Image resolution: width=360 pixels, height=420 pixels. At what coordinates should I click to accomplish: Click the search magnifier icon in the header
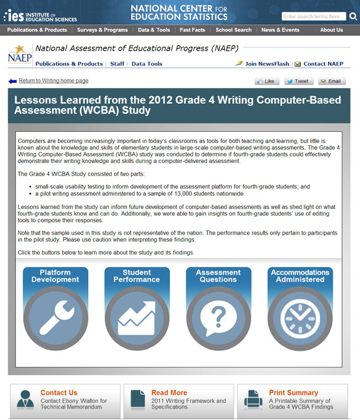tap(353, 17)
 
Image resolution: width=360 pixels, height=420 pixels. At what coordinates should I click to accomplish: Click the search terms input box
tap(314, 17)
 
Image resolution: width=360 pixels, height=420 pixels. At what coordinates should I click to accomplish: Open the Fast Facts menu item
tap(192, 30)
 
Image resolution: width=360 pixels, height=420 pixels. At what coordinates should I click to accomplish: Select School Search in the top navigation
tap(233, 30)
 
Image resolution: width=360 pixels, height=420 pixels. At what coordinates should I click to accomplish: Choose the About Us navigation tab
tap(331, 30)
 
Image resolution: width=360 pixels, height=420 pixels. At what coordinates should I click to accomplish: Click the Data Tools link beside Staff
tap(147, 64)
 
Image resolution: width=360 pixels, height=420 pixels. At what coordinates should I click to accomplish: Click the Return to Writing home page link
tap(53, 80)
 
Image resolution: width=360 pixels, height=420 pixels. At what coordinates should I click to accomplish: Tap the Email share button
tap(332, 82)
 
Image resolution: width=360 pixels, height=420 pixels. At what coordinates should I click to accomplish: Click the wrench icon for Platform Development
tap(55, 318)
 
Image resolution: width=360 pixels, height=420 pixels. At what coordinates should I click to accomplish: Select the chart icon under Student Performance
tap(137, 318)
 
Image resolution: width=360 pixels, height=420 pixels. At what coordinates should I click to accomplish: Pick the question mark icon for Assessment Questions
tap(218, 318)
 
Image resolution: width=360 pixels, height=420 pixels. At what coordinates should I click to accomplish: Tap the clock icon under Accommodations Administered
tap(300, 318)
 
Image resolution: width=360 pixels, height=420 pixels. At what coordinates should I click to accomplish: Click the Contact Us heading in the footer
tap(59, 393)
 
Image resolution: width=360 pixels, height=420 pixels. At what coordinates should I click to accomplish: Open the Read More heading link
tap(169, 393)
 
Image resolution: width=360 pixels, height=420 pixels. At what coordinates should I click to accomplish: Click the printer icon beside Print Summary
tap(253, 399)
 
